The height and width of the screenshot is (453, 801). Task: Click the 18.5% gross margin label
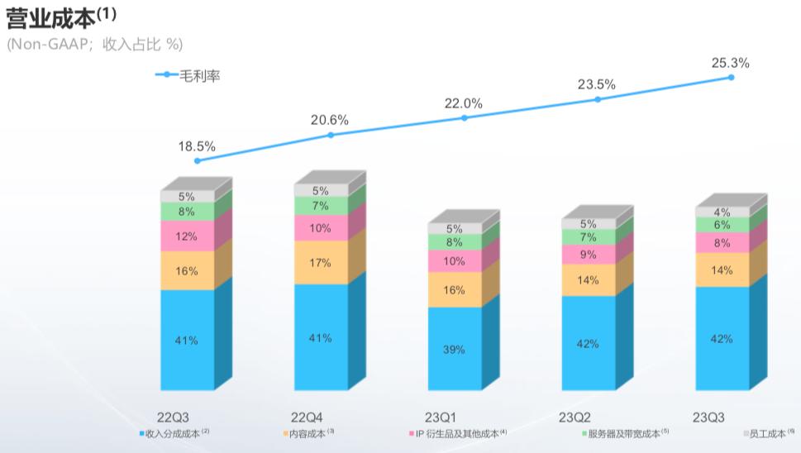click(x=197, y=146)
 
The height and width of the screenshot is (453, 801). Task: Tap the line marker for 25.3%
click(x=731, y=78)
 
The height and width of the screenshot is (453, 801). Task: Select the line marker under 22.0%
click(x=465, y=118)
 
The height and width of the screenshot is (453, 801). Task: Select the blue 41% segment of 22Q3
click(x=187, y=340)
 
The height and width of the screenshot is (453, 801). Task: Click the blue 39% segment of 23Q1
click(x=454, y=349)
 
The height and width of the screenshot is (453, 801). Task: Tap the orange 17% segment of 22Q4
click(x=321, y=263)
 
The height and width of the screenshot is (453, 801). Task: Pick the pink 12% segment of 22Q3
click(x=187, y=236)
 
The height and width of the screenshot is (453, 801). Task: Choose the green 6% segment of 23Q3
click(x=722, y=225)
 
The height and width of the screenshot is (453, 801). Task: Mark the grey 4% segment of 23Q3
click(x=722, y=212)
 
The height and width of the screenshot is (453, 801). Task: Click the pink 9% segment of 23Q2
click(x=588, y=255)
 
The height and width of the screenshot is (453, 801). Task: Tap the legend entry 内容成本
click(x=308, y=433)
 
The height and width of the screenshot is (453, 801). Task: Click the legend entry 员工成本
click(x=768, y=433)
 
